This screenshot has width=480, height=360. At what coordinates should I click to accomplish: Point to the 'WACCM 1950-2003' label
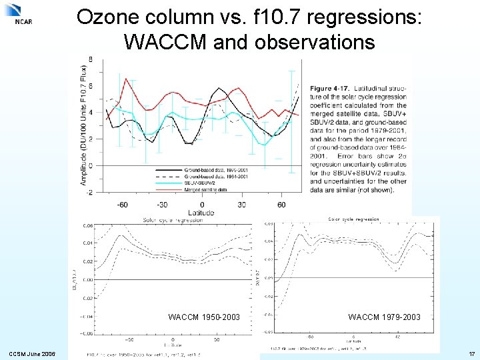(x=204, y=317)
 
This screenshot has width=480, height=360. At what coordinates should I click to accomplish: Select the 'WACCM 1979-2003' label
(x=384, y=317)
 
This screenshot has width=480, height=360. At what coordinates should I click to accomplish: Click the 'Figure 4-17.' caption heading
(x=335, y=88)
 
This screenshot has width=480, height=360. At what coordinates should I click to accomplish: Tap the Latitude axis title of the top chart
(x=200, y=213)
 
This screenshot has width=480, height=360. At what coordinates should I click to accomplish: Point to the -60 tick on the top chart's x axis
(x=123, y=205)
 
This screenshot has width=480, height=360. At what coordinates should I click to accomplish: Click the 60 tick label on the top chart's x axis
(x=281, y=205)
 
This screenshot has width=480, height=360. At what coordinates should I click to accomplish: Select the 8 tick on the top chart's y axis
(x=91, y=60)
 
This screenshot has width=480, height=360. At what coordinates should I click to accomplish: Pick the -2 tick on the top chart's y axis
(x=89, y=191)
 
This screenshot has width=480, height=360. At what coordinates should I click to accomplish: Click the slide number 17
(x=471, y=353)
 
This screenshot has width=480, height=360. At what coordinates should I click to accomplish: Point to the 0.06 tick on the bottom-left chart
(x=88, y=225)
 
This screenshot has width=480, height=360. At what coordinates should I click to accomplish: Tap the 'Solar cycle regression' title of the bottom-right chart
(x=353, y=219)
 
